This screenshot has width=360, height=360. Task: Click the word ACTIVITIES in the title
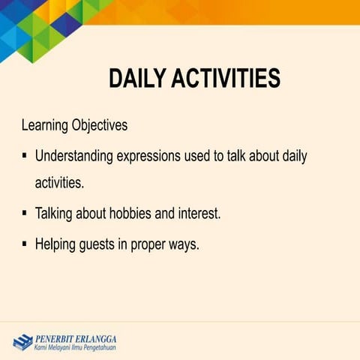coord(226,79)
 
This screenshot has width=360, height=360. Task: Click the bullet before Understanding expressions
coord(25,157)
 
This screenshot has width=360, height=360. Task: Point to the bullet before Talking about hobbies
coord(25,213)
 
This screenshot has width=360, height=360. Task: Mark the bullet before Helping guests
coord(25,244)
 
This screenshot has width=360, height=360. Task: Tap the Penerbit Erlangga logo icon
coord(21,342)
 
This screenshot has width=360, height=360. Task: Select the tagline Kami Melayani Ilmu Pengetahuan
coord(74,347)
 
